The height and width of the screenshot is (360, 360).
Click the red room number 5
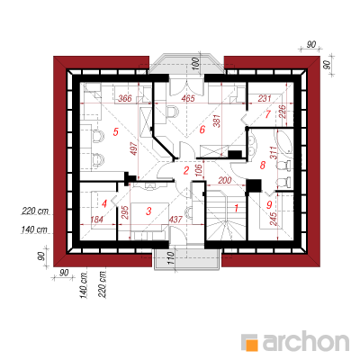point(116,131)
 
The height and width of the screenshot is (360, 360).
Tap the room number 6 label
point(202,130)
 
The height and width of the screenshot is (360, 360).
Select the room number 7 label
point(268,114)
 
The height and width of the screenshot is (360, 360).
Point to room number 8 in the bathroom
point(263,165)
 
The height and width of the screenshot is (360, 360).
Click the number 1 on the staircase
point(236,208)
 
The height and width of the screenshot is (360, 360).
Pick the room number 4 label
point(104,204)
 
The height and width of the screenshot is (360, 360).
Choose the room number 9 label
point(269,204)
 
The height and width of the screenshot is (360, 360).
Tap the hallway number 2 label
point(186,170)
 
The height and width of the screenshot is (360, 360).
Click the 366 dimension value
point(125,98)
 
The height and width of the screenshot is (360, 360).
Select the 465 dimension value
point(188,98)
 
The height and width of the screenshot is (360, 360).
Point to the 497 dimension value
point(134,148)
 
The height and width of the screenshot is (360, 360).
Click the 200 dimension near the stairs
point(225,180)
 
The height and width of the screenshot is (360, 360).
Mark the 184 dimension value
point(96,220)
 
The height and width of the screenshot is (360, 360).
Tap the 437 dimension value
point(175,220)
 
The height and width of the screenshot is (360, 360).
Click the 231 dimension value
point(265,98)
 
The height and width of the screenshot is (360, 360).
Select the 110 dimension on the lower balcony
point(170,258)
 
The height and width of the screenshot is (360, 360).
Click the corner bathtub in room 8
point(284,143)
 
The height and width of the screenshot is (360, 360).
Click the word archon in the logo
point(306,341)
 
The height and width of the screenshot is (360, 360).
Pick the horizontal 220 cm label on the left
point(35,211)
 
